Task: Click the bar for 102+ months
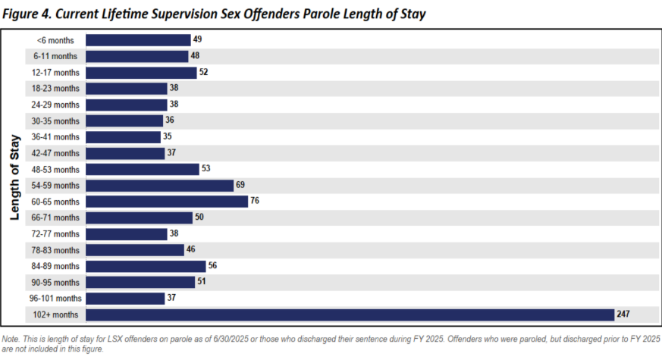click(350, 315)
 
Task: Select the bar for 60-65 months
click(167, 202)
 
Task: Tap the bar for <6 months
click(138, 40)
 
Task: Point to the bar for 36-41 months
click(123, 137)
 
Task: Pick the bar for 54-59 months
click(159, 186)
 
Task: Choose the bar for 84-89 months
click(146, 266)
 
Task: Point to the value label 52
click(203, 73)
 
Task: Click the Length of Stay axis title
click(14, 177)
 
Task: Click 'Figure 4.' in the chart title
click(30, 13)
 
